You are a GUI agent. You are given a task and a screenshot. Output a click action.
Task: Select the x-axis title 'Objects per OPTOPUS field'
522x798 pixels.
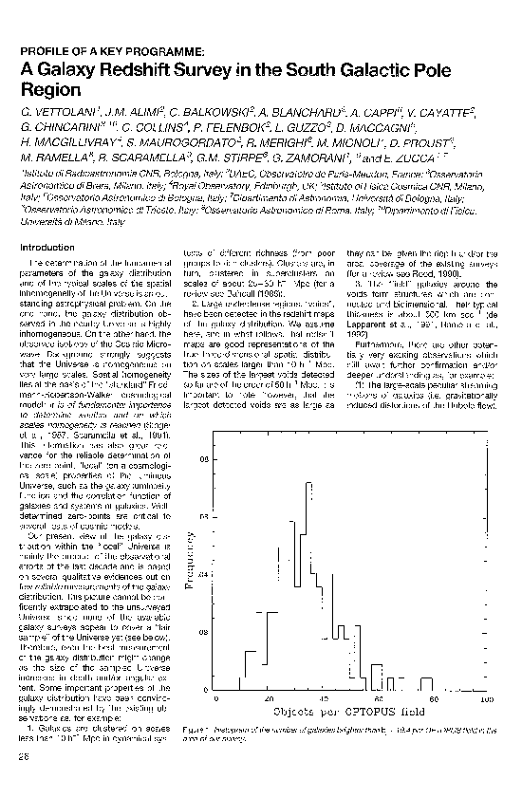pos(350,710)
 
